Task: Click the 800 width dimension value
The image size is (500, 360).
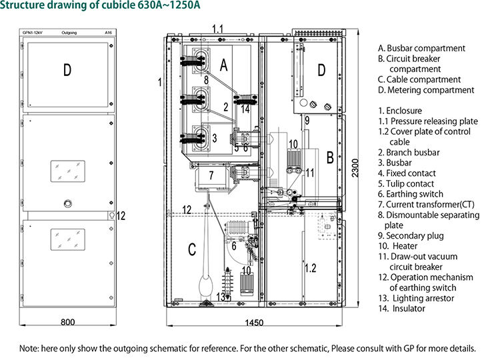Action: (x=67, y=322)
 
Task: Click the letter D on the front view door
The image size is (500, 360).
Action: (x=67, y=69)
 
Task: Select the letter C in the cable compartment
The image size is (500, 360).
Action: (x=192, y=249)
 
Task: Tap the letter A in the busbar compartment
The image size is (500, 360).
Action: (x=224, y=64)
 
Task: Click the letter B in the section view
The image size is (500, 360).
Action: (x=329, y=157)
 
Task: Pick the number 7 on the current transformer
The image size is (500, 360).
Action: (x=211, y=176)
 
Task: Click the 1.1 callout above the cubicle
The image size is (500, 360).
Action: (x=218, y=29)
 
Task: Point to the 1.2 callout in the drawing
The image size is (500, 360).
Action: (x=310, y=269)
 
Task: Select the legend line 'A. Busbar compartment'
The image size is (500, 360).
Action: (x=421, y=49)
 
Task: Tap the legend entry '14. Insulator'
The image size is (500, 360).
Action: (x=401, y=309)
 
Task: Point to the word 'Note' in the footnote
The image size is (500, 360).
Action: (x=29, y=348)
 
